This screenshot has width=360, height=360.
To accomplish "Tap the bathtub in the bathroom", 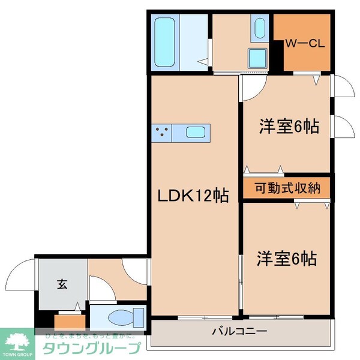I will (163, 42).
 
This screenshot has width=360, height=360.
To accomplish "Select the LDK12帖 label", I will (193, 196).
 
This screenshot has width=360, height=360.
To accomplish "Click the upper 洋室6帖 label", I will (288, 127).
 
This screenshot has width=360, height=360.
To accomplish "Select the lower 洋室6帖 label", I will (287, 259).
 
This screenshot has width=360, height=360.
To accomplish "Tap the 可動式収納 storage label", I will (287, 188).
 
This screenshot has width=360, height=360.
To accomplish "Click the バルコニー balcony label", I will (239, 331).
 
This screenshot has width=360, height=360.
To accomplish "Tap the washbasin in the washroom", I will (259, 29).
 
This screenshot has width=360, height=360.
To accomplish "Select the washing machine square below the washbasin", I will (258, 59).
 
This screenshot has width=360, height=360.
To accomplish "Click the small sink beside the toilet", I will (139, 314).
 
